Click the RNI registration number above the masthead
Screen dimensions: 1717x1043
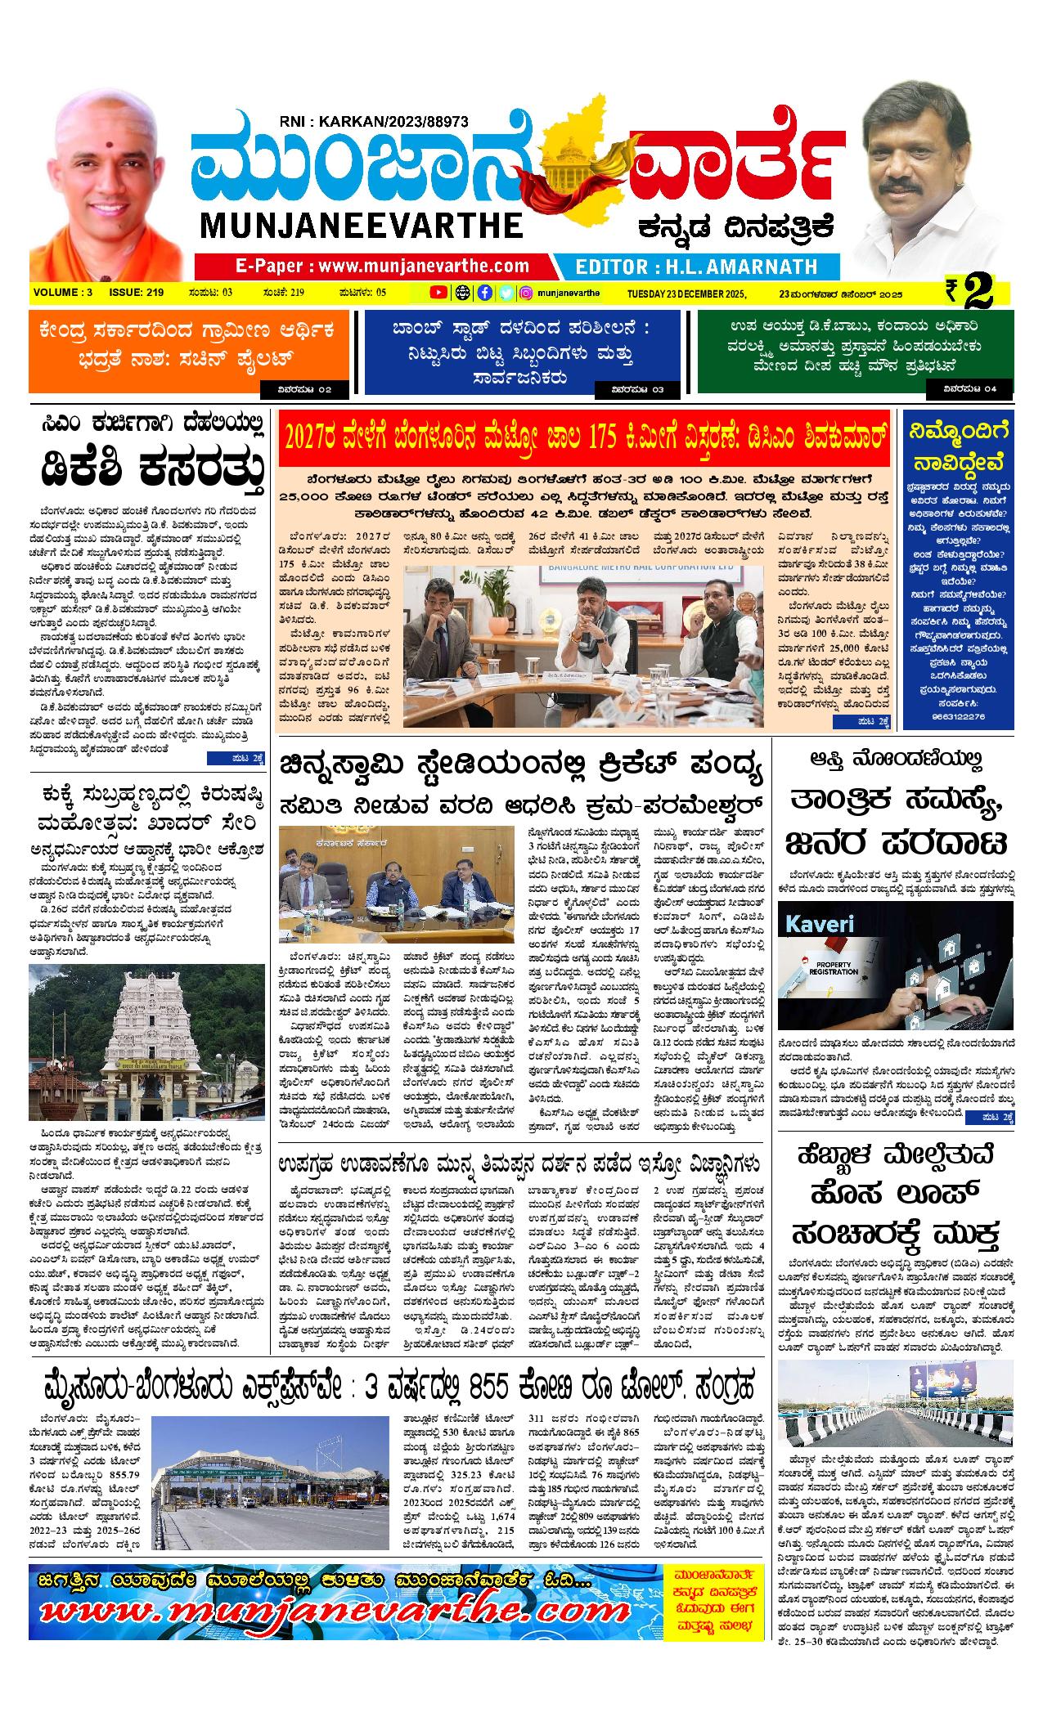click(372, 121)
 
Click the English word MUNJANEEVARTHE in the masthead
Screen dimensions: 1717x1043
click(360, 226)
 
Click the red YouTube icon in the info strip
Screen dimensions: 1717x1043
click(438, 293)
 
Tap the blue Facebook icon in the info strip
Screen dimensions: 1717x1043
click(484, 293)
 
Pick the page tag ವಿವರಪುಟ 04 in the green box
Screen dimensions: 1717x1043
click(970, 389)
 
